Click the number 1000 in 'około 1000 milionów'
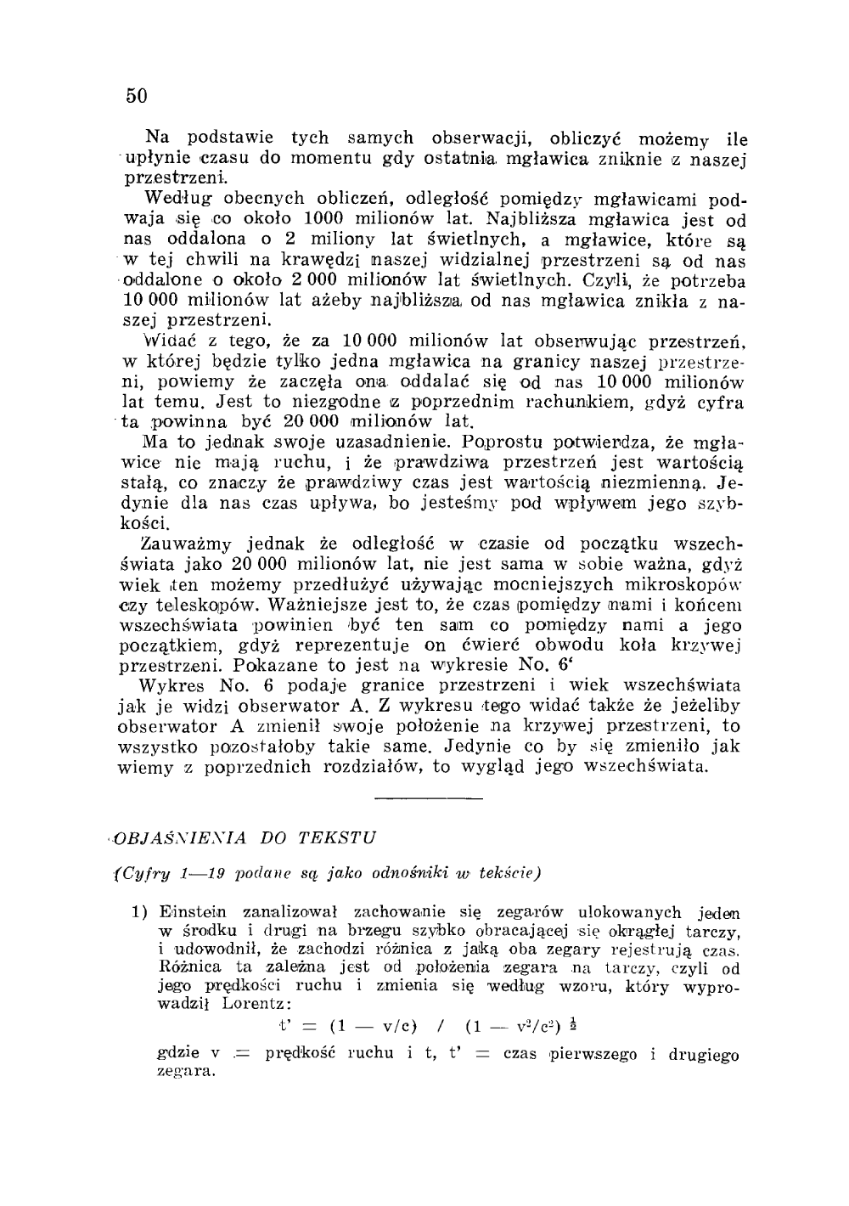click(306, 240)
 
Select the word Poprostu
click(499, 442)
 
